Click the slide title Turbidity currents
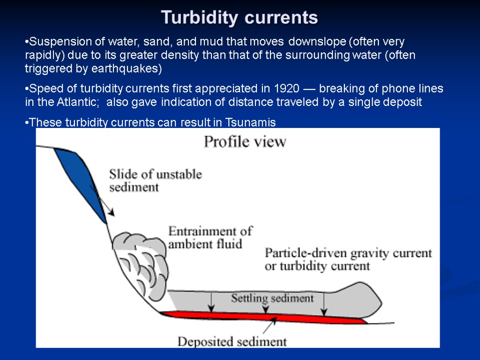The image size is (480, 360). (240, 18)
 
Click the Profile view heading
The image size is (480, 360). (245, 142)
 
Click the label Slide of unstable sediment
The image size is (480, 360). (155, 180)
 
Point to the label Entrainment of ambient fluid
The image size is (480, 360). (210, 237)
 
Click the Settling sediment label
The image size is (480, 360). (272, 298)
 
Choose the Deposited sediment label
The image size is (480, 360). (232, 341)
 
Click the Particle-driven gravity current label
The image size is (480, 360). (348, 259)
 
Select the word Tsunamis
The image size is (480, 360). (251, 123)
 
